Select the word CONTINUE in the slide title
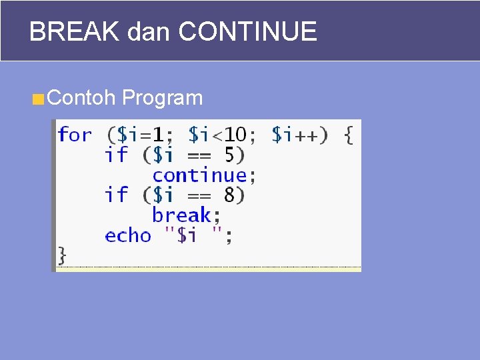point(248,31)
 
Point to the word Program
point(163,98)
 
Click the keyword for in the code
point(75,135)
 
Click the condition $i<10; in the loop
point(222,135)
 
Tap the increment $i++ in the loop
point(296,135)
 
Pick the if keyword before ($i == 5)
point(116,155)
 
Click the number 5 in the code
point(229,155)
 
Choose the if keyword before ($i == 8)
point(116,195)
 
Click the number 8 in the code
point(229,195)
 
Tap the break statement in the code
point(181,215)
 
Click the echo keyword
point(128,235)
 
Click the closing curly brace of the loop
point(62,255)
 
